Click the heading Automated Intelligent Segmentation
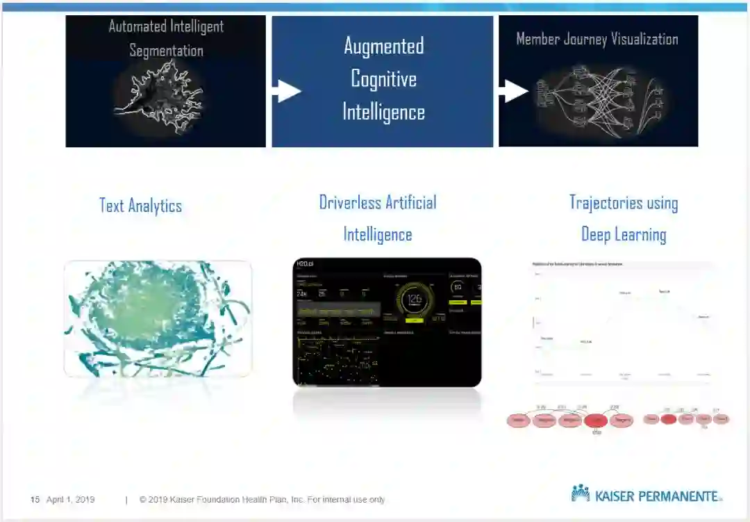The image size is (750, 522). point(166,38)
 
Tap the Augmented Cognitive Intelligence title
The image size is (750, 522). point(383,79)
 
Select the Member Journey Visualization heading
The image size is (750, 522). point(597,39)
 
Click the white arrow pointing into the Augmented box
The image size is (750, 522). point(287,90)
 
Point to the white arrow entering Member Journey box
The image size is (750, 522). point(513,90)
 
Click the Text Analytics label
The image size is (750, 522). point(140,206)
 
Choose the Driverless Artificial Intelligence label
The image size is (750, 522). point(378,218)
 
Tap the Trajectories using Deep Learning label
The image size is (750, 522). point(624,218)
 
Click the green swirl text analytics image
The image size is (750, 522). point(158,318)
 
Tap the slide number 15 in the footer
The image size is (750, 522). point(35,500)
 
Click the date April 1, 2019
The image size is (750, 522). point(70,500)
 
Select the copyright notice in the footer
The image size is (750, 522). point(262,500)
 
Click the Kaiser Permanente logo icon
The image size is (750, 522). point(580,494)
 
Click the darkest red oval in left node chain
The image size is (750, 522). point(596,421)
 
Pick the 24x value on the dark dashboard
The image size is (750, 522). point(302,294)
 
